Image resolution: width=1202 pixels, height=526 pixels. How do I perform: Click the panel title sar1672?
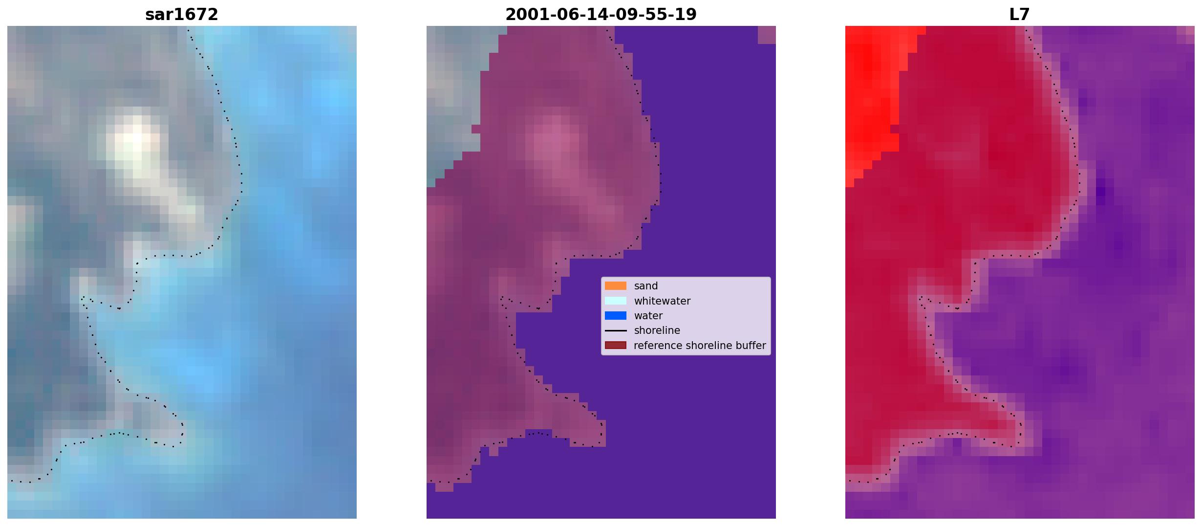(x=182, y=15)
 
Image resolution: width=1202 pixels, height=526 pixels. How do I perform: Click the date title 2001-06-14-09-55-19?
(x=601, y=15)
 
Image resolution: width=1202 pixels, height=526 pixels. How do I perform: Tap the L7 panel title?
(x=1020, y=15)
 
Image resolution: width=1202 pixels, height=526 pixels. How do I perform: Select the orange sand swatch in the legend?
(x=616, y=286)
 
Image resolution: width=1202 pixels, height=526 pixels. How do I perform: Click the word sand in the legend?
(x=646, y=286)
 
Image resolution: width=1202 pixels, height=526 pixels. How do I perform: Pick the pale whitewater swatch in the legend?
(x=616, y=301)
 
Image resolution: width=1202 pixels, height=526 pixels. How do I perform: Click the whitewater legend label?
(x=662, y=301)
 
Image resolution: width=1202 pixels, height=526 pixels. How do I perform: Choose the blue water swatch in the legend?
(x=616, y=316)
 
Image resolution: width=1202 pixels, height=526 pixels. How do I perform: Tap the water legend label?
(x=648, y=316)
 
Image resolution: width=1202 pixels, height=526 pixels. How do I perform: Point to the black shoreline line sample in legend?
(x=616, y=330)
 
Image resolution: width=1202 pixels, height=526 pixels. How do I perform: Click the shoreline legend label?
(x=657, y=330)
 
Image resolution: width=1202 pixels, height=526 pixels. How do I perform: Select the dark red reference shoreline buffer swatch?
(x=616, y=346)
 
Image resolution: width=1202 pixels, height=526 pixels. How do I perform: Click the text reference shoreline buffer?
(x=700, y=346)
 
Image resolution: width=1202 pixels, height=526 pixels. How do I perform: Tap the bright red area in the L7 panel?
(x=872, y=98)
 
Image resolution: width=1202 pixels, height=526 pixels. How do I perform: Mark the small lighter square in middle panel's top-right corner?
(x=767, y=35)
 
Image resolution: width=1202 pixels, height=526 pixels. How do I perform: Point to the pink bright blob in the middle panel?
(x=552, y=142)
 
